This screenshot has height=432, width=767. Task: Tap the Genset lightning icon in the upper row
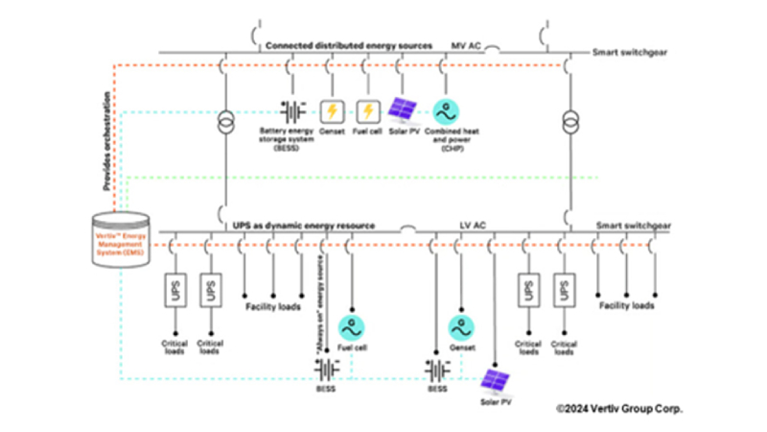pos(331,111)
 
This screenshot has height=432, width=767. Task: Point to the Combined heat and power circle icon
pos(445,111)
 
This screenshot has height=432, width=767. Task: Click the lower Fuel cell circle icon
pos(353,325)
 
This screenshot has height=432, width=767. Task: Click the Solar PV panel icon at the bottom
pos(496,382)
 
